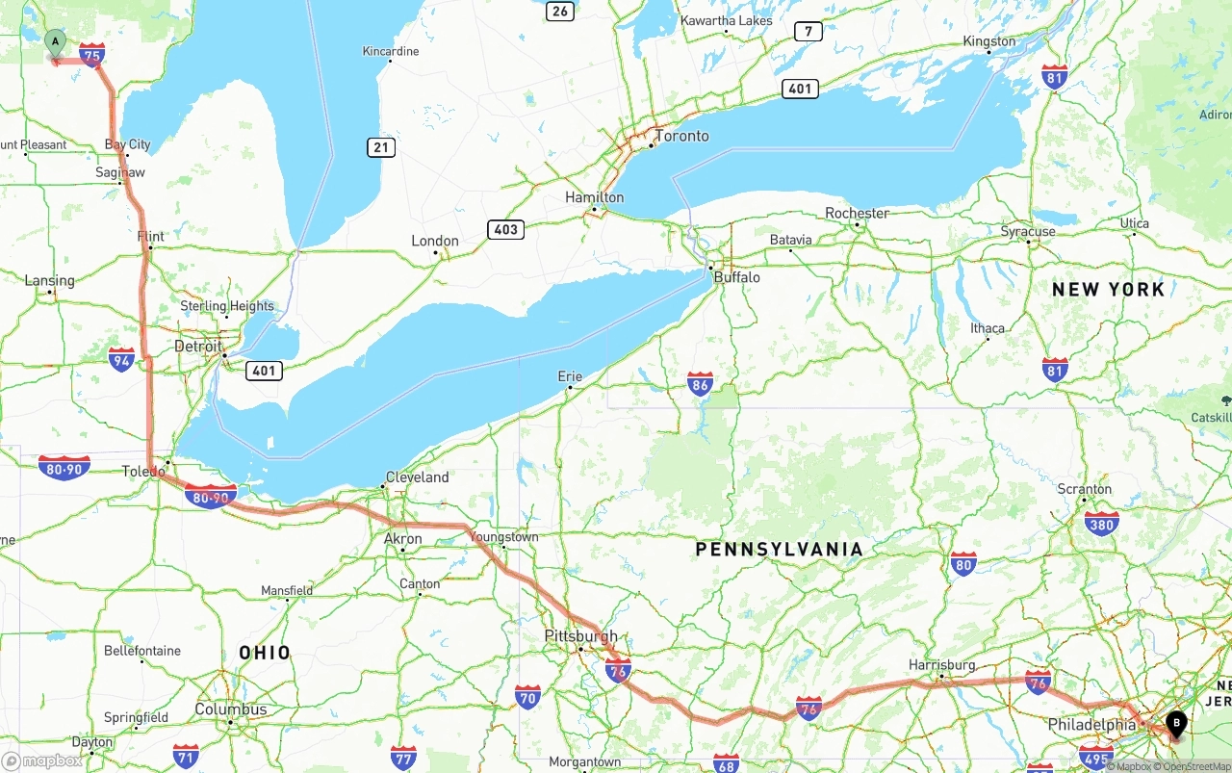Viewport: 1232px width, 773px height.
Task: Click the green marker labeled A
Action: click(56, 42)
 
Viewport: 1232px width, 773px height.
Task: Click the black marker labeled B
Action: click(1176, 723)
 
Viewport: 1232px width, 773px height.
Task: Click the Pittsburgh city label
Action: click(580, 636)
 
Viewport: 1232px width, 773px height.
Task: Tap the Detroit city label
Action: click(197, 347)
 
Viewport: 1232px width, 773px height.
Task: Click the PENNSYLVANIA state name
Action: click(780, 550)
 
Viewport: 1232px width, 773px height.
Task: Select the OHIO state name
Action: click(265, 653)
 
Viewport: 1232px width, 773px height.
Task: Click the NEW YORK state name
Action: click(1108, 290)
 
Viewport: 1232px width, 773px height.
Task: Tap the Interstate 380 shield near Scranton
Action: click(1101, 524)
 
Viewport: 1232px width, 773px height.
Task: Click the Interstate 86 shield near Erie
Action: click(700, 386)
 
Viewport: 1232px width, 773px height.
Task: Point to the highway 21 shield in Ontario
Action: click(381, 147)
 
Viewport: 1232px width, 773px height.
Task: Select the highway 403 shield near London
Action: click(505, 229)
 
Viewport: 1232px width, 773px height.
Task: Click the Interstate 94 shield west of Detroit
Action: click(122, 360)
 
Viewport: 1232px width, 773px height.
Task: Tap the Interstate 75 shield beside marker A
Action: click(92, 55)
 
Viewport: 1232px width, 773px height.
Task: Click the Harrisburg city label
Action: click(941, 665)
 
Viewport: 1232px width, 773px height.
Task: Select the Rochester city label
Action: click(857, 213)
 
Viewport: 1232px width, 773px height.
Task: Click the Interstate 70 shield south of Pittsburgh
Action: click(527, 697)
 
